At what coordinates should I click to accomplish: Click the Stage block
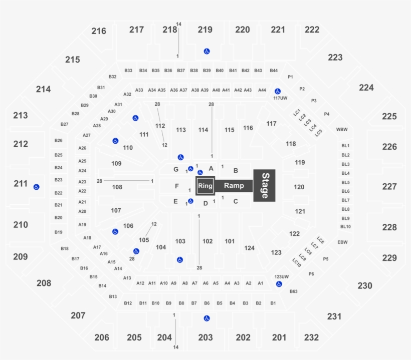point(265,186)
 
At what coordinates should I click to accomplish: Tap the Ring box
point(205,186)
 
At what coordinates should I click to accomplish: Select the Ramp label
point(234,186)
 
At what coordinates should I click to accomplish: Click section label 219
point(204,30)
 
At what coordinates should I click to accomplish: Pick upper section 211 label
point(21,184)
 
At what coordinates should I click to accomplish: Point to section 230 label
point(365,285)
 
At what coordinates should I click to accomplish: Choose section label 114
point(203,130)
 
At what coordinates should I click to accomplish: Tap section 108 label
point(117,187)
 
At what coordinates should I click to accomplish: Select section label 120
point(299,187)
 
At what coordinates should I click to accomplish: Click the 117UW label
point(281,98)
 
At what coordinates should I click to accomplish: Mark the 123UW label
point(282,276)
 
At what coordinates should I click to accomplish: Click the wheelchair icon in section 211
point(36,187)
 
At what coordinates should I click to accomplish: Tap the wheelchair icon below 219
point(207,51)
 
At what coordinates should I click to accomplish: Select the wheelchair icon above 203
point(207,318)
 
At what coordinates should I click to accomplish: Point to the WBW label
point(342,130)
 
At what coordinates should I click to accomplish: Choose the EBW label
point(343,242)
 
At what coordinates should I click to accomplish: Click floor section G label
point(176,170)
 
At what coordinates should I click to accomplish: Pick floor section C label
point(235,202)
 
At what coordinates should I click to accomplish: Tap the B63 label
point(294,291)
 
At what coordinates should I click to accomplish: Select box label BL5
point(345,182)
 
